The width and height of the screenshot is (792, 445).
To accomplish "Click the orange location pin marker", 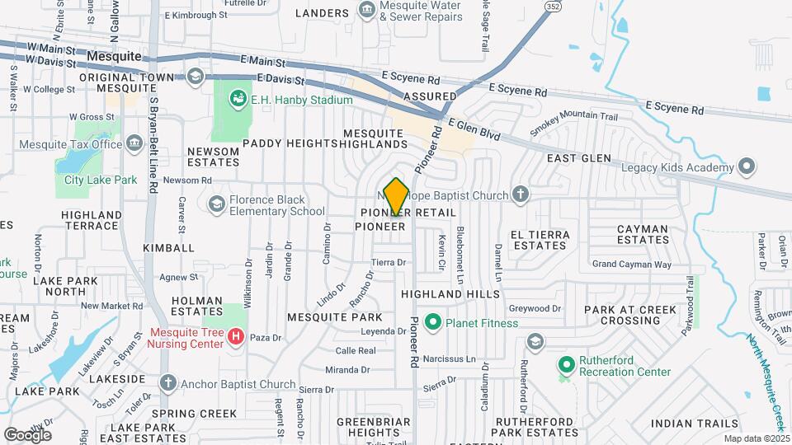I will tap(396, 196).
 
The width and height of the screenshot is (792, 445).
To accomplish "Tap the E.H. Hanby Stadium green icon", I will tap(238, 100).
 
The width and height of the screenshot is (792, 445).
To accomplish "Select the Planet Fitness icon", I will tap(431, 322).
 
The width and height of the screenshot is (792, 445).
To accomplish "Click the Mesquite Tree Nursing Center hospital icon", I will tap(236, 337).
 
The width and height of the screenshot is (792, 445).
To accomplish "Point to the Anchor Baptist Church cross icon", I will tap(168, 383).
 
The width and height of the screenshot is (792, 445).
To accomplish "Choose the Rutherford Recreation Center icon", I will tap(566, 363).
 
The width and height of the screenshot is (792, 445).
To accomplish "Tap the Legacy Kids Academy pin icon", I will tap(747, 168).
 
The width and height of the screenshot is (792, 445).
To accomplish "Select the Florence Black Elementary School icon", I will tap(216, 204).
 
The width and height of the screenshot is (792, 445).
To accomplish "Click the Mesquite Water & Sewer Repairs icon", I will tap(366, 10).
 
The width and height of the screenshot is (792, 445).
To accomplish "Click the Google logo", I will tap(27, 434).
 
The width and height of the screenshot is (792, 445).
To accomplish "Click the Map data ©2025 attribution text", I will tap(756, 438).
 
